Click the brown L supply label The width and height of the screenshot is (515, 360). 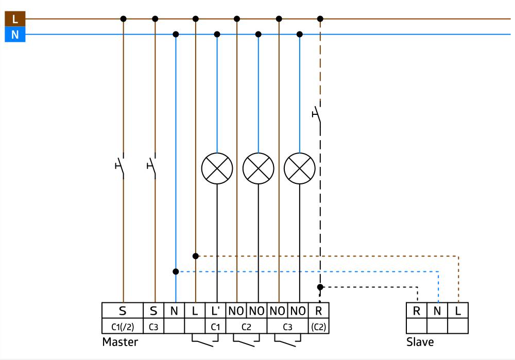pyautogui.click(x=15, y=19)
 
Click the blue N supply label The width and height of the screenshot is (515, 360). pyautogui.click(x=15, y=35)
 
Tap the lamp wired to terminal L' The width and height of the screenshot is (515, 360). pyautogui.click(x=217, y=168)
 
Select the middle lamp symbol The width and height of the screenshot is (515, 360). pyautogui.click(x=258, y=168)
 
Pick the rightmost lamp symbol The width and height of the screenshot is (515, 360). pyautogui.click(x=300, y=168)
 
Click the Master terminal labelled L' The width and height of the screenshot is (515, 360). pyautogui.click(x=215, y=311)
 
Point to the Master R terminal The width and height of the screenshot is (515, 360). pyautogui.click(x=318, y=311)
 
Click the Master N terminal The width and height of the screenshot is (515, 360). pyautogui.click(x=174, y=311)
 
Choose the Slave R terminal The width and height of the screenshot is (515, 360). pyautogui.click(x=416, y=311)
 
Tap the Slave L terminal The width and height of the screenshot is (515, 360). pyautogui.click(x=458, y=311)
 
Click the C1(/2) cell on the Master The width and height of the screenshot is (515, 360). pyautogui.click(x=122, y=326)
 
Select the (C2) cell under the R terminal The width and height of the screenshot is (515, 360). pyautogui.click(x=318, y=326)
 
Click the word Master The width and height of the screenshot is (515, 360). pyautogui.click(x=120, y=342)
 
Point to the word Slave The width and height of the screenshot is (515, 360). pyautogui.click(x=420, y=342)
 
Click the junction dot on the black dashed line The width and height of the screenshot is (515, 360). pyautogui.click(x=320, y=287)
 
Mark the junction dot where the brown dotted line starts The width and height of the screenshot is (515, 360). pyautogui.click(x=196, y=256)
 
